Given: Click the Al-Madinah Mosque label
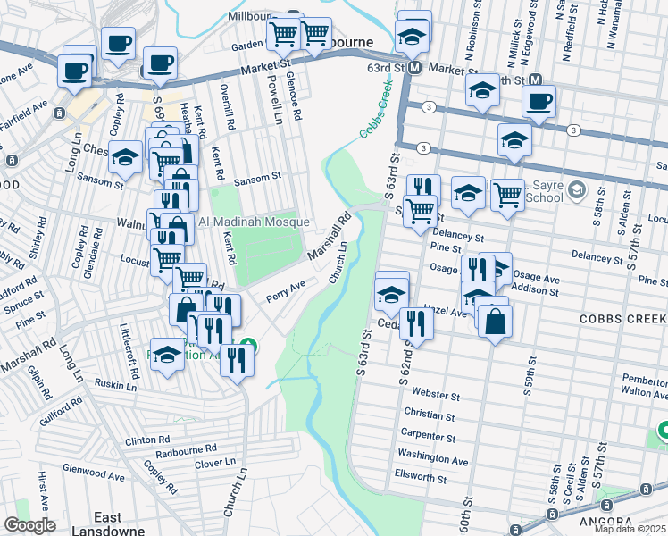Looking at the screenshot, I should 254,222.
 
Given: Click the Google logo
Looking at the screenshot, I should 29,525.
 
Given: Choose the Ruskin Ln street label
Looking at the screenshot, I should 115,386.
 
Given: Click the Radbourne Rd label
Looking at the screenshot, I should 186,448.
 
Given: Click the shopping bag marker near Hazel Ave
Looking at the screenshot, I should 494,322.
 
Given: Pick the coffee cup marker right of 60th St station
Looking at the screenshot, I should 539,101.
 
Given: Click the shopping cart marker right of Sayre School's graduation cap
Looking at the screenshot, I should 507,193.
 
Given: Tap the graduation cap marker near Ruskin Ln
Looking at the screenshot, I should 167,355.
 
